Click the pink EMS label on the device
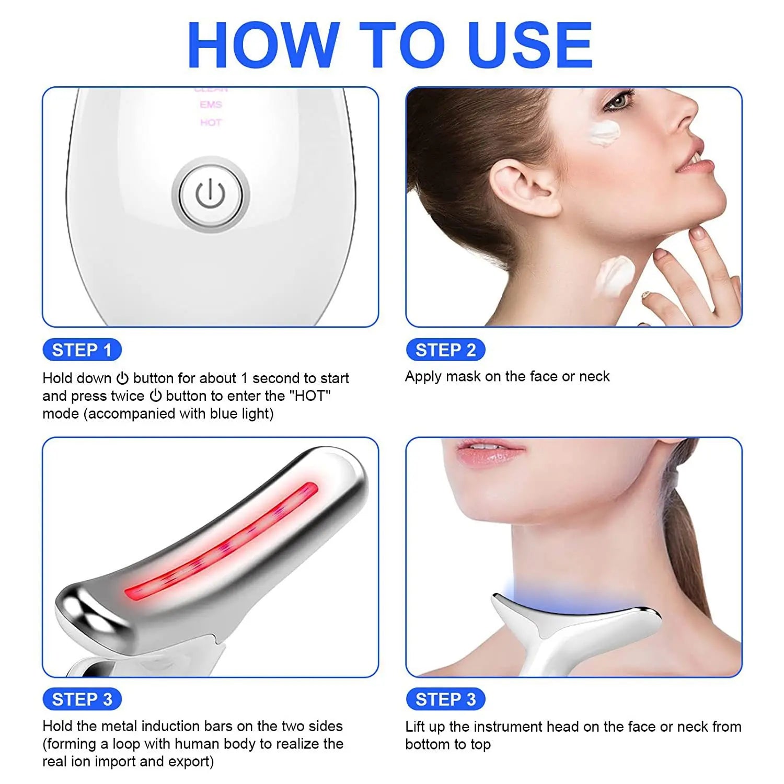[211, 105]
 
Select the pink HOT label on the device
[211, 123]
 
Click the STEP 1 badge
[82, 350]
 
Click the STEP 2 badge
[445, 350]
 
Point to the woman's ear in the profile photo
[520, 188]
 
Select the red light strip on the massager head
[222, 544]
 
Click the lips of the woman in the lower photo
[489, 451]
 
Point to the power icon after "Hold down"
[122, 378]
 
